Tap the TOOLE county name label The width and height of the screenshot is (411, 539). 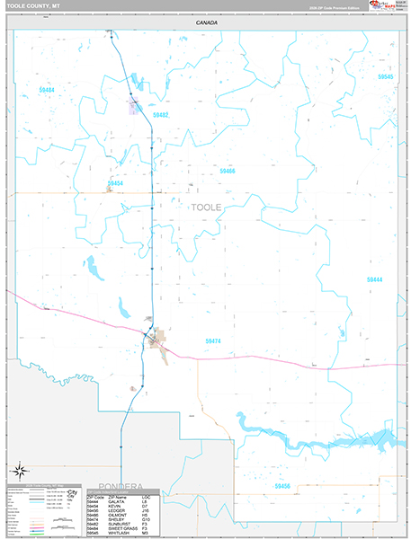pyautogui.click(x=206, y=208)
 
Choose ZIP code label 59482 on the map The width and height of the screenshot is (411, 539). pyautogui.click(x=160, y=115)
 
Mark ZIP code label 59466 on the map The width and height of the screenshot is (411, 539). pyautogui.click(x=227, y=171)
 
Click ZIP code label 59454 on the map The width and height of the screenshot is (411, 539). pyautogui.click(x=114, y=183)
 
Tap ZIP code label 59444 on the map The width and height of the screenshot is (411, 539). pyautogui.click(x=374, y=279)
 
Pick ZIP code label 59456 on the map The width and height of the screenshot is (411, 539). pyautogui.click(x=282, y=486)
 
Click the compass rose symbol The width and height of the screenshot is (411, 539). pyautogui.click(x=19, y=469)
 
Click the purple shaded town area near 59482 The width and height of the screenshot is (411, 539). pyautogui.click(x=134, y=109)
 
